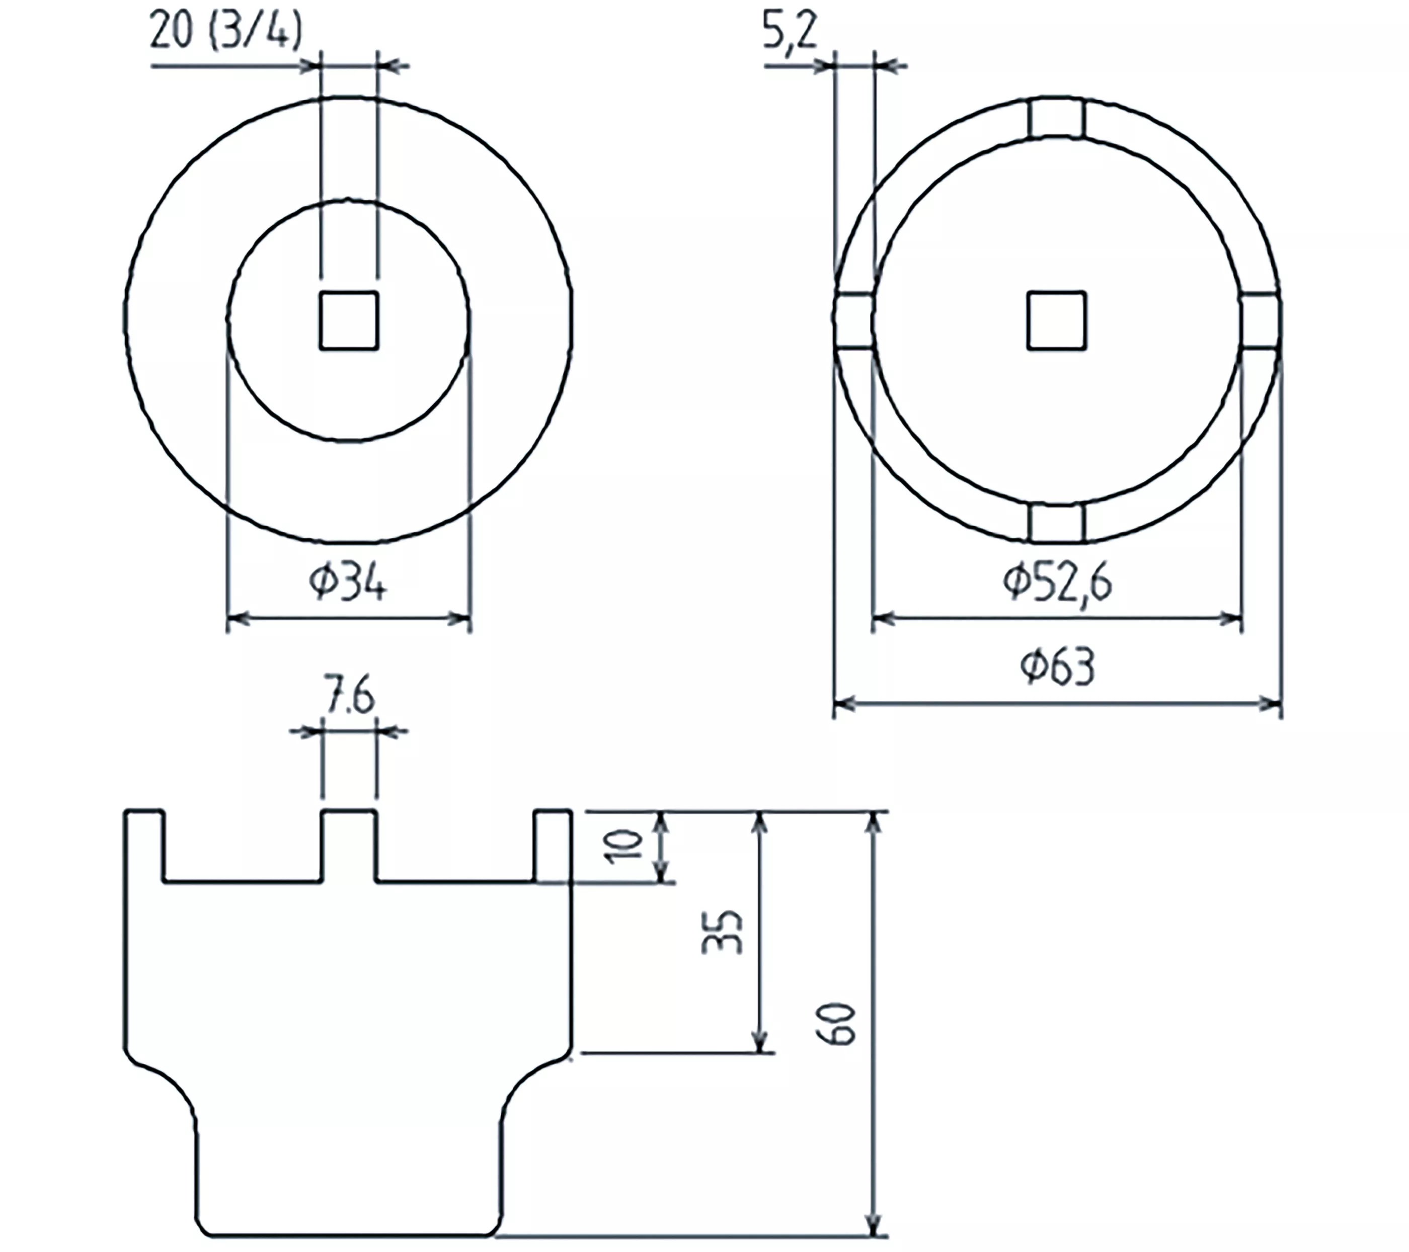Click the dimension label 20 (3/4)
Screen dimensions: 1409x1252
point(226,32)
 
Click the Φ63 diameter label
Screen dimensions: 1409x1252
point(1058,667)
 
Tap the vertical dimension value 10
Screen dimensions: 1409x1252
point(624,846)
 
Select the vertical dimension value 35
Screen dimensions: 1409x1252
point(722,932)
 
